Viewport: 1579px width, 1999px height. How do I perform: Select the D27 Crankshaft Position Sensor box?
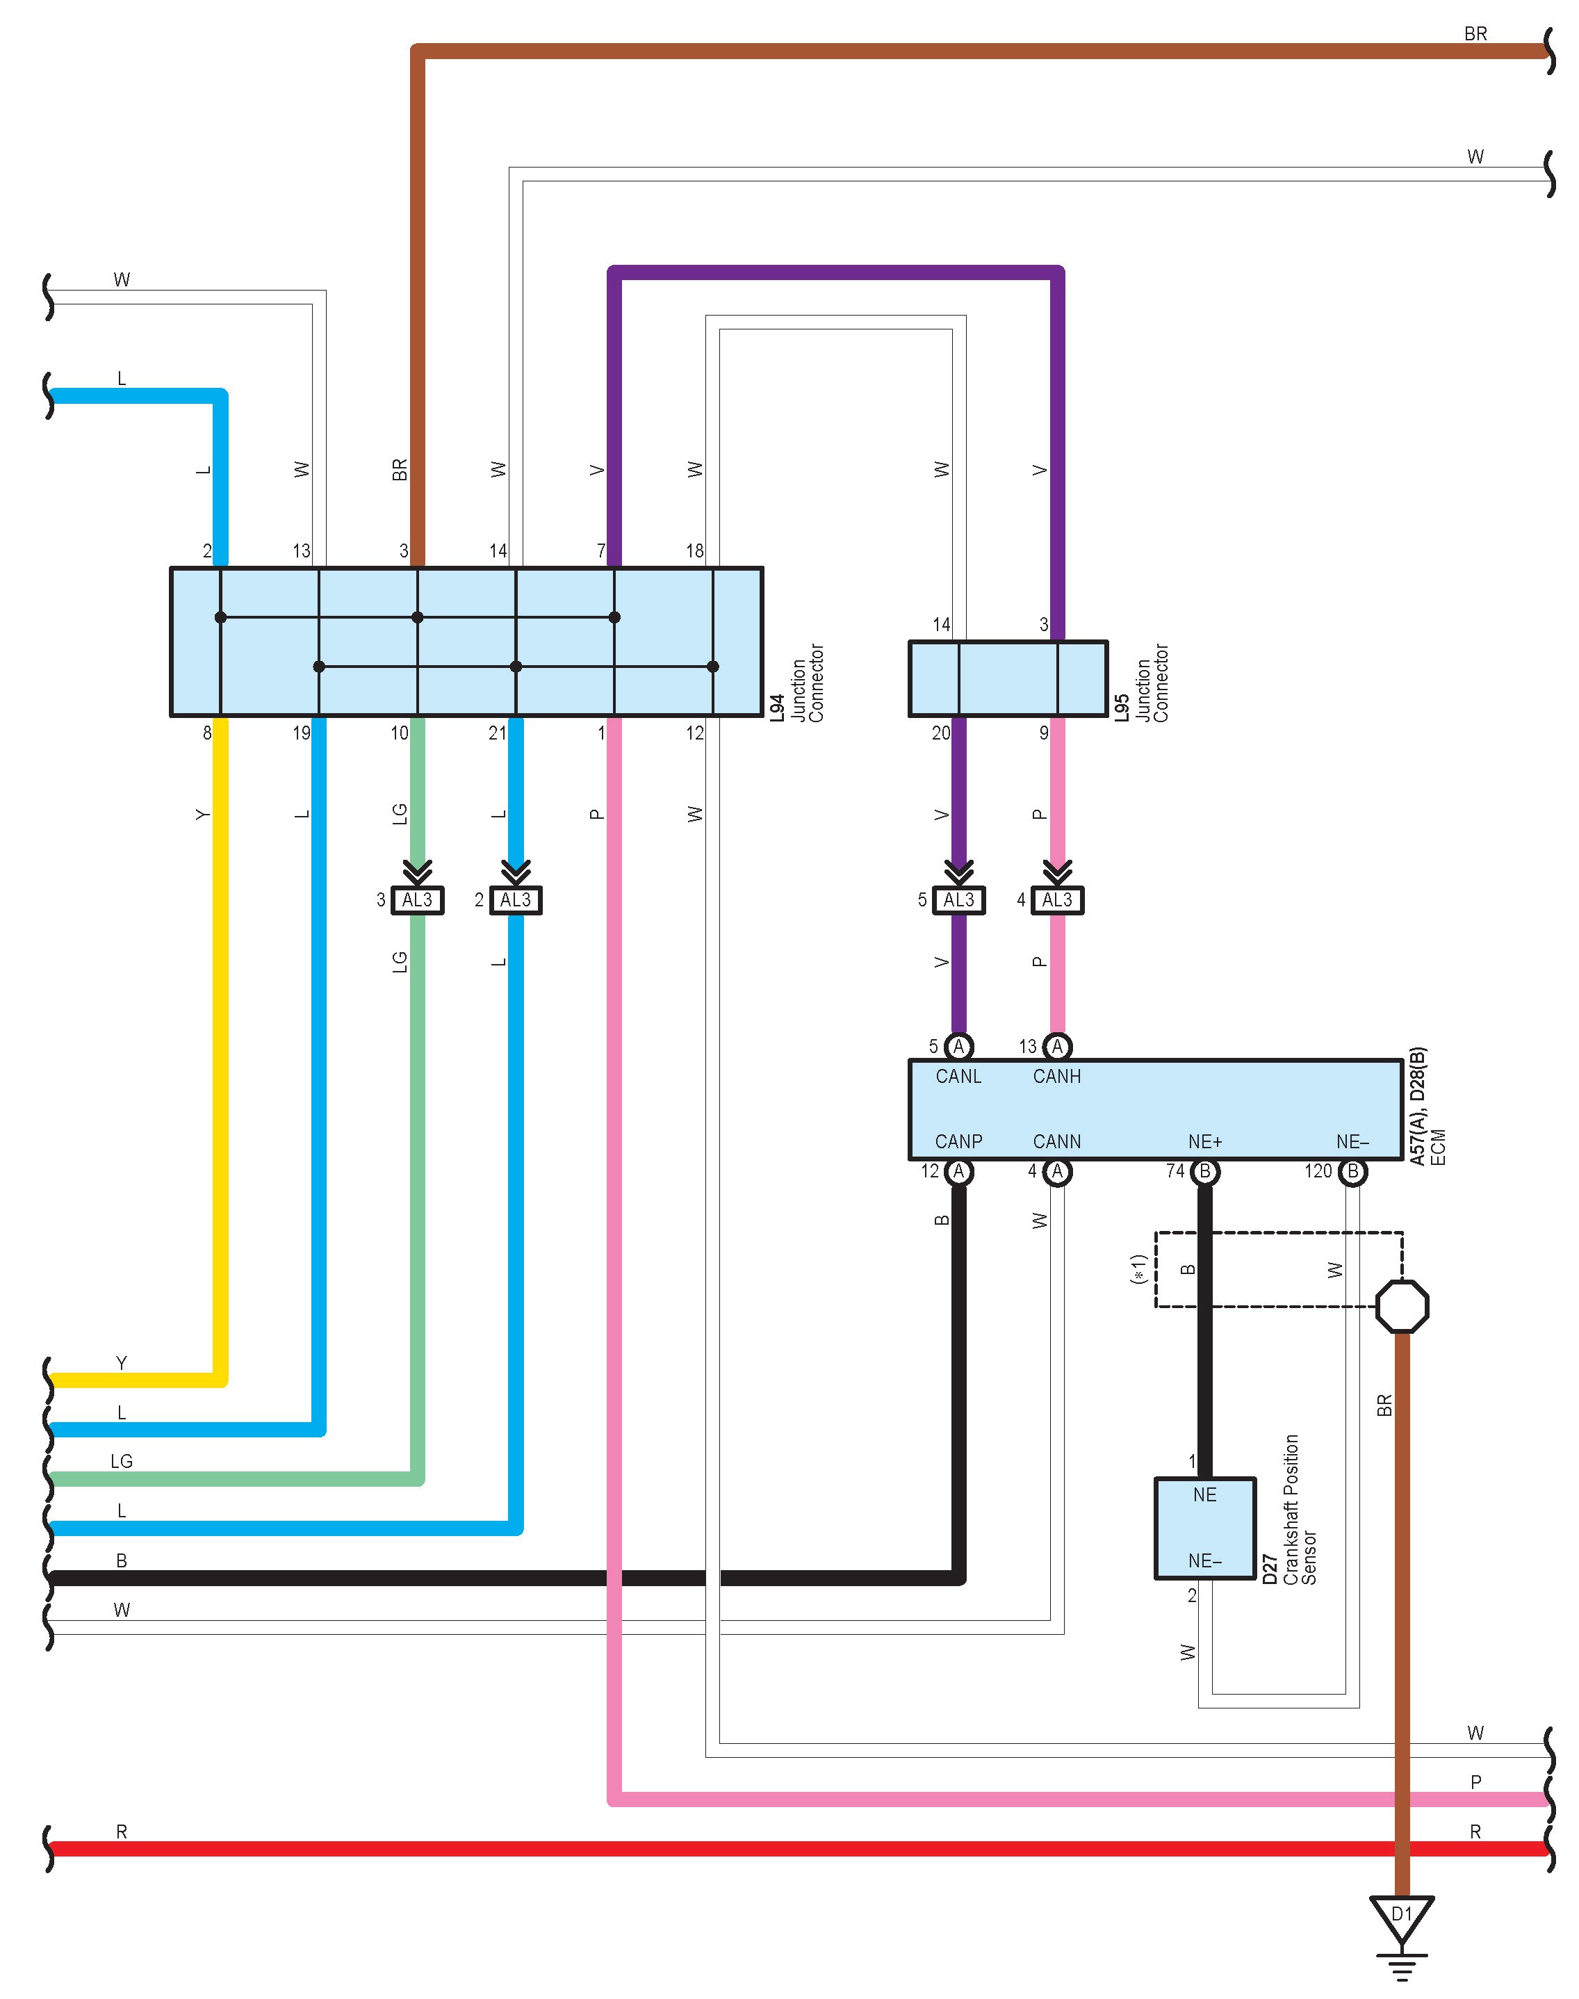(x=1204, y=1528)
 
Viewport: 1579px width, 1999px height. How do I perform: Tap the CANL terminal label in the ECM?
(x=958, y=1076)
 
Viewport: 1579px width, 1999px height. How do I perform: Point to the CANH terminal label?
(x=1056, y=1076)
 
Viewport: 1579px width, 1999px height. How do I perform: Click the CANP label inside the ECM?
(x=958, y=1141)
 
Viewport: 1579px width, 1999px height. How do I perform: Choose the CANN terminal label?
(x=1056, y=1141)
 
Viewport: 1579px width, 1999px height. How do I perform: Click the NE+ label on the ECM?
(x=1204, y=1141)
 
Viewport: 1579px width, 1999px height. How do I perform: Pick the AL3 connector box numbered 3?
(x=417, y=899)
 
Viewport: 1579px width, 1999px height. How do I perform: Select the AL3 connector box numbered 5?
(x=958, y=899)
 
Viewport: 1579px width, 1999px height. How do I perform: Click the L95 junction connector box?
(x=1008, y=678)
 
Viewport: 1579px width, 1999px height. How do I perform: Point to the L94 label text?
(x=778, y=708)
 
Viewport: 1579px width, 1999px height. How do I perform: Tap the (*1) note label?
(x=1139, y=1268)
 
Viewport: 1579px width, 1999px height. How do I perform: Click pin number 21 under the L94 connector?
(x=498, y=733)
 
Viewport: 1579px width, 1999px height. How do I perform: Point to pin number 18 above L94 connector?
(x=694, y=551)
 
